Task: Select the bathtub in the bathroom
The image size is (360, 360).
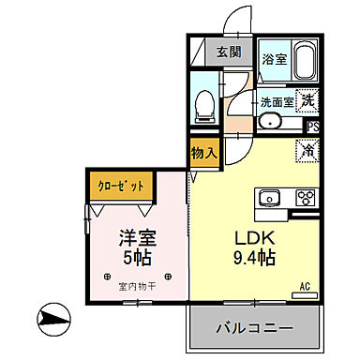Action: pos(305,61)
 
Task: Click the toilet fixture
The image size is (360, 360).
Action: pos(203,105)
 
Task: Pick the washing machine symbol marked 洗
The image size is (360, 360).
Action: pos(309,96)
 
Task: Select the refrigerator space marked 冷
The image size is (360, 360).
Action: pos(307,149)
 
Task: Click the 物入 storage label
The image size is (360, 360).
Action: pos(204,152)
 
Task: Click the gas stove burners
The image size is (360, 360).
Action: pos(305,198)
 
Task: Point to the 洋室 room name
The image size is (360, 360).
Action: pos(136,239)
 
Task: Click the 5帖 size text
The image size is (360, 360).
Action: pos(136,258)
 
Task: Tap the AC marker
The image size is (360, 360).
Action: pos(305,288)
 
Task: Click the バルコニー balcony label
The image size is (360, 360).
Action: pos(255,328)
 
